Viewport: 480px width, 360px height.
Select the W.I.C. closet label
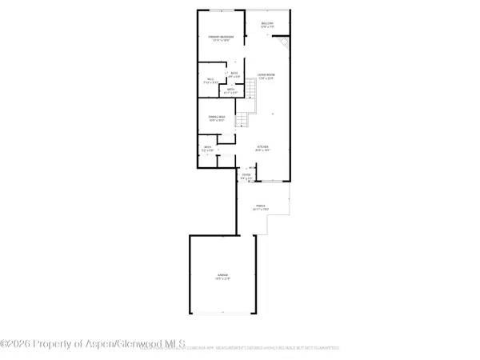pyautogui.click(x=210, y=79)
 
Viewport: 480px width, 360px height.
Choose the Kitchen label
pyautogui.click(x=262, y=146)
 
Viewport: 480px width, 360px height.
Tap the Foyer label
pyautogui.click(x=246, y=174)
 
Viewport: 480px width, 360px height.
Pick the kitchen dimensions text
pyautogui.click(x=262, y=151)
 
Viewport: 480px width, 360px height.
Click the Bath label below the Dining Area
pyautogui.click(x=206, y=147)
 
